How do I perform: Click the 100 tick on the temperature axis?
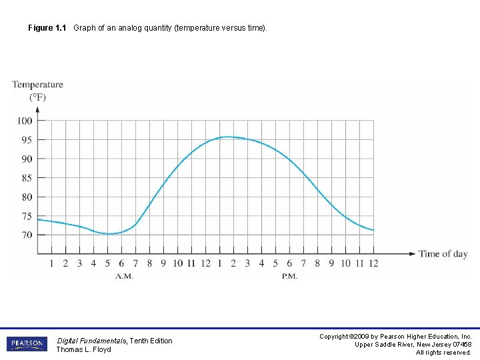25,121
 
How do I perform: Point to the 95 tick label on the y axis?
25,140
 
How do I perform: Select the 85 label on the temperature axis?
25,178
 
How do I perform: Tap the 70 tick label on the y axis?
25,235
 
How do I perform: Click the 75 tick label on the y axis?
25,216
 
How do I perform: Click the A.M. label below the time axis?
124,276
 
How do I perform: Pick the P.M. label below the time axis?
289,276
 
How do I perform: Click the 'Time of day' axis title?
443,254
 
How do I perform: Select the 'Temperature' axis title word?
37,85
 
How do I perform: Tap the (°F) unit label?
37,97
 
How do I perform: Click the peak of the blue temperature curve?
227,137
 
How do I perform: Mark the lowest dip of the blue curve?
111,234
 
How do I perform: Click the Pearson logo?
27,344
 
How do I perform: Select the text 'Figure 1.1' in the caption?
47,28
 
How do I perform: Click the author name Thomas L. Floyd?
83,350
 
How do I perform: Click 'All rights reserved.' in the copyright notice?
443,353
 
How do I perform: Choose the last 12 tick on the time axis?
373,263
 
